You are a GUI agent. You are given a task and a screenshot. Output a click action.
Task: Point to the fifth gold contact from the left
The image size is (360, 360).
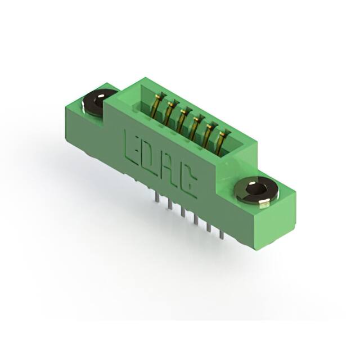click(x=209, y=133)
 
